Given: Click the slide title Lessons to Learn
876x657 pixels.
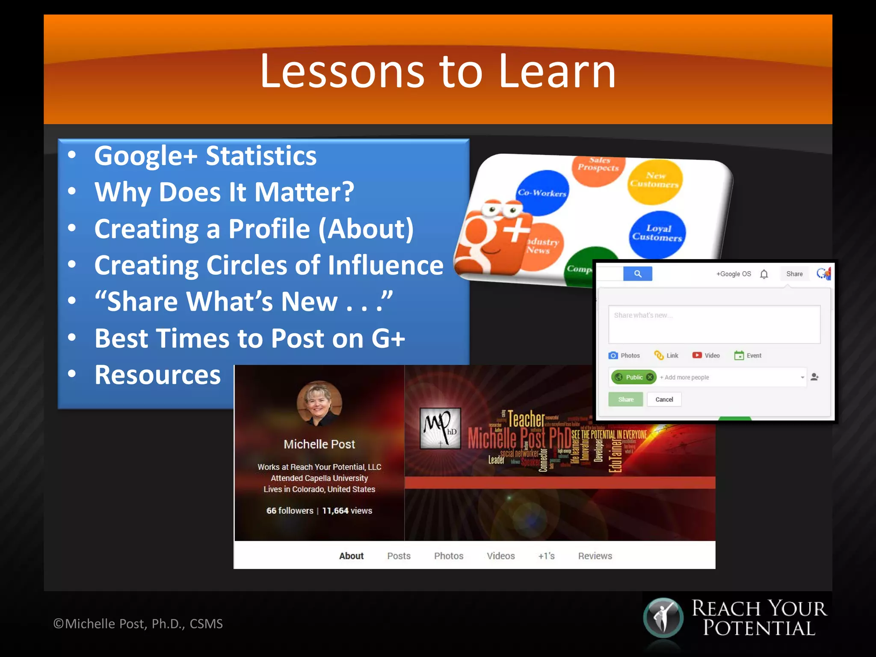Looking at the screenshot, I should [438, 71].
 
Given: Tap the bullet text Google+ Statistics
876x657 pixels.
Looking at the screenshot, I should [205, 156].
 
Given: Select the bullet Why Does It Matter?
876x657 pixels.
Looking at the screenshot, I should [224, 192].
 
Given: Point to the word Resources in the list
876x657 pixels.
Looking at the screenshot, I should [157, 375].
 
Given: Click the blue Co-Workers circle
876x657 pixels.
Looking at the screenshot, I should [542, 192].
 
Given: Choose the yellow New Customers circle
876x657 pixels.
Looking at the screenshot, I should [654, 181].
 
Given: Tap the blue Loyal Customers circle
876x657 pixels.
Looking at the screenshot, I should [657, 234].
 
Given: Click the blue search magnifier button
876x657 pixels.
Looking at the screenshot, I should [637, 274].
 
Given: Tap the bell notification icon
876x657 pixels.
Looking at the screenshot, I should [764, 274].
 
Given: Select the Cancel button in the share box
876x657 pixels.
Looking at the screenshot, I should [664, 400].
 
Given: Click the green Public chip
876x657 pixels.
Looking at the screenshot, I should [634, 377].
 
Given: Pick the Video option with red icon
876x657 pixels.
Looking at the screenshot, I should [706, 355].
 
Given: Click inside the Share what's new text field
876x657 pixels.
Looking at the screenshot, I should [714, 324].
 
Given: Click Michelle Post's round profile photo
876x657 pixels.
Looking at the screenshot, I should [320, 403].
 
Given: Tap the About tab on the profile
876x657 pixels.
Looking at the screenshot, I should [351, 556].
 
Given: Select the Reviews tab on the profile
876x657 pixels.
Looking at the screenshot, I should [595, 556].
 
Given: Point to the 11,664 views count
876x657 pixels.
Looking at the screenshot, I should [347, 511].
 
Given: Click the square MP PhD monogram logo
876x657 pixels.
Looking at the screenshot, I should [440, 428].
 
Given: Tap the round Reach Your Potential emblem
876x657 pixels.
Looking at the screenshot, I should [663, 618].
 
